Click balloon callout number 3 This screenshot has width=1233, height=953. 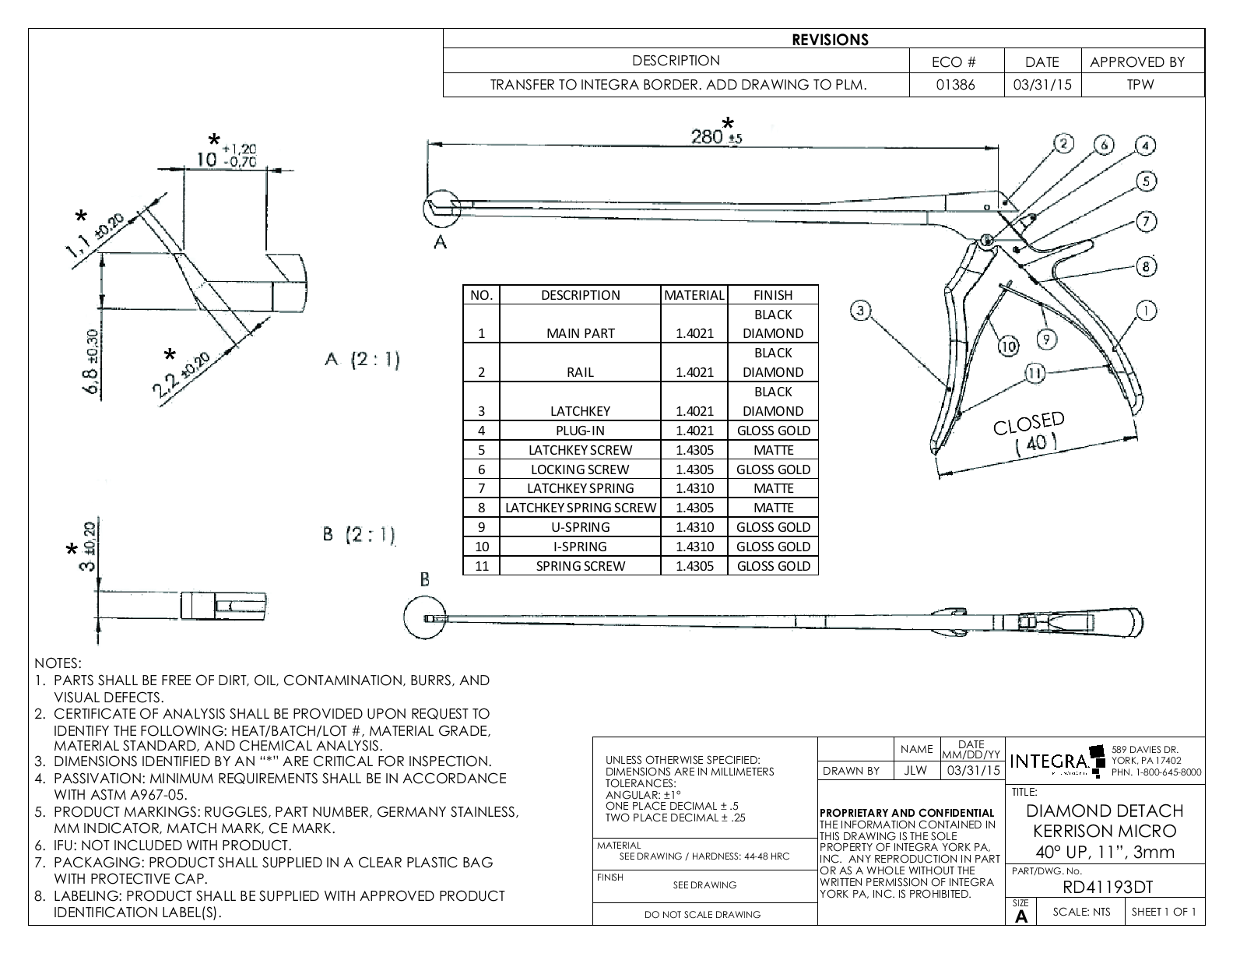[x=859, y=311]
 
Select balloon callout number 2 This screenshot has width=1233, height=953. [x=1063, y=143]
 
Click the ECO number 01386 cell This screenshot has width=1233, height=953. [x=956, y=85]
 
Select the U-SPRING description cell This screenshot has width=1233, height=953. [x=580, y=527]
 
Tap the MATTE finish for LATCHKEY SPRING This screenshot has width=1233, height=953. [x=773, y=488]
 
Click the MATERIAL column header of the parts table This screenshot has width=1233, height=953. [x=694, y=295]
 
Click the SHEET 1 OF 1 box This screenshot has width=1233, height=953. [x=1164, y=912]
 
